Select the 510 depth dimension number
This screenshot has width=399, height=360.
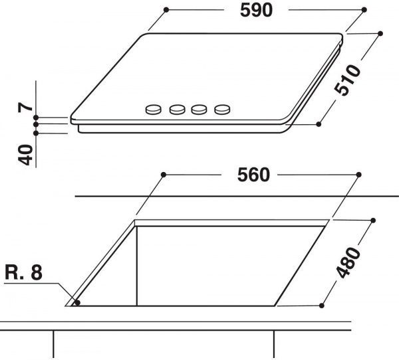pos(346,80)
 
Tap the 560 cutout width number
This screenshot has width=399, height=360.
pos(253,175)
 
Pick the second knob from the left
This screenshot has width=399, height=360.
pos(177,110)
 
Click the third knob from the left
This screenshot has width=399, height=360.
pos(199,110)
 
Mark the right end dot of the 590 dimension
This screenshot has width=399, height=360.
pos(365,11)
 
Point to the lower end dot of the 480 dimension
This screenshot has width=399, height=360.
pos(322,305)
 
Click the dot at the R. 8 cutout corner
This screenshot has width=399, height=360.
pos(78,303)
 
